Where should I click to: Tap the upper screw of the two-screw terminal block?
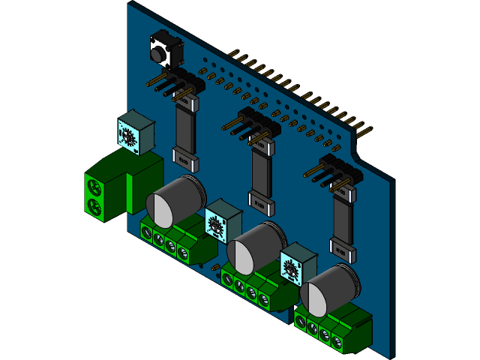[x=94, y=184]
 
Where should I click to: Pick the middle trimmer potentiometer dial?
[x=217, y=223]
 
